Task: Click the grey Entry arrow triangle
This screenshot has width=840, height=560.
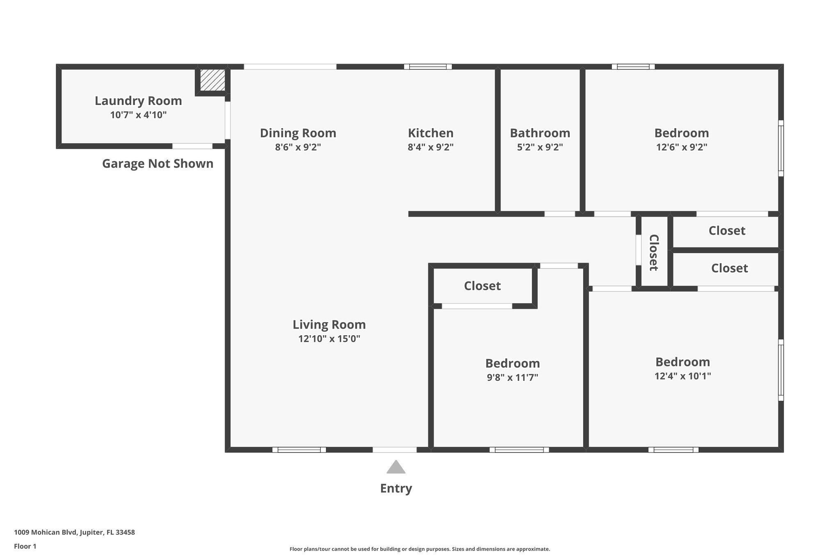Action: [396, 468]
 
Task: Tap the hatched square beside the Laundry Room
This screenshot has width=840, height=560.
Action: [212, 80]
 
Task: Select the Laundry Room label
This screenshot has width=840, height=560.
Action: [138, 101]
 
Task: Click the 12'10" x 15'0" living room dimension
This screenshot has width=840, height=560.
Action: [329, 339]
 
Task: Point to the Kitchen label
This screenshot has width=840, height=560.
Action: [430, 133]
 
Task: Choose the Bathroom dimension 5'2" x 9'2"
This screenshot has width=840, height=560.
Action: [540, 147]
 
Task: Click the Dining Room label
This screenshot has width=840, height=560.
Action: [298, 133]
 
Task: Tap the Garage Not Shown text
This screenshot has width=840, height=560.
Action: [157, 164]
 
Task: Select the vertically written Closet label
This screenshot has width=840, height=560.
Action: [654, 253]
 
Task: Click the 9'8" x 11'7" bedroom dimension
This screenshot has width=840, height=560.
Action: [512, 377]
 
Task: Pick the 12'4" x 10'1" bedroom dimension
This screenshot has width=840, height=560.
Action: [682, 376]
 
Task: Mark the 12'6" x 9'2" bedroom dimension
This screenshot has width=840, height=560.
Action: [681, 147]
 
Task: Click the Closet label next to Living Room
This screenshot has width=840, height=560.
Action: [482, 286]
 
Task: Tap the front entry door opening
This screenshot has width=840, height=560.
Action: [395, 450]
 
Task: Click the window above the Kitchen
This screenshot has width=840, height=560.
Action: [428, 66]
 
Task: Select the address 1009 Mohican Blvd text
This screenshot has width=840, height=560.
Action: [74, 533]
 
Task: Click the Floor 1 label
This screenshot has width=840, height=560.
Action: [25, 546]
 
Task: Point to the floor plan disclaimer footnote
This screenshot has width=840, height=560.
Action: [420, 549]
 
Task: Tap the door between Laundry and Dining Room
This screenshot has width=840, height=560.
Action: [227, 120]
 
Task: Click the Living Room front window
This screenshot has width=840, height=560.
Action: [299, 450]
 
